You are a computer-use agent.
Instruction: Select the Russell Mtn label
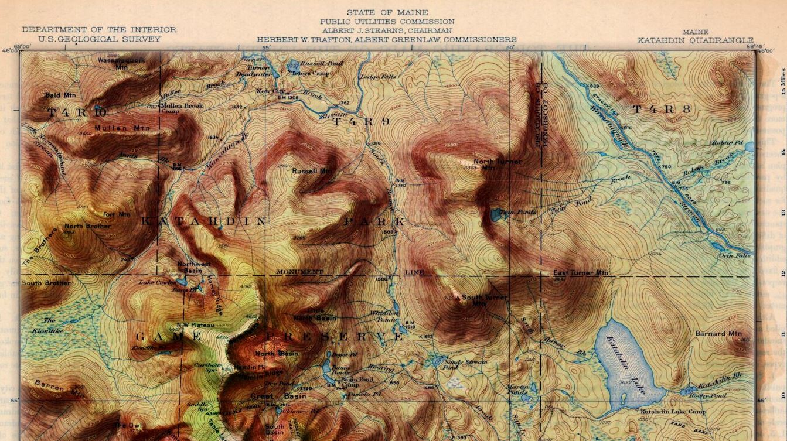click(312, 171)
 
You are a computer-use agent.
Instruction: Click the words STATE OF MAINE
click(387, 12)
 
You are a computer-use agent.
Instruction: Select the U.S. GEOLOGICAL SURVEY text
click(99, 39)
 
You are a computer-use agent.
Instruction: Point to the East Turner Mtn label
click(581, 273)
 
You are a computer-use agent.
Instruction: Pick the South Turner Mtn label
click(484, 300)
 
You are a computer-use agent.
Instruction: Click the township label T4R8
click(662, 109)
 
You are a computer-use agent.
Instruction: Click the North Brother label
click(87, 226)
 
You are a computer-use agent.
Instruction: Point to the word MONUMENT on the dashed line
click(299, 272)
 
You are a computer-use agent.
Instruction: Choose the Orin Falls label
click(734, 255)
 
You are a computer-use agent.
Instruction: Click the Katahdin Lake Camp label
click(673, 411)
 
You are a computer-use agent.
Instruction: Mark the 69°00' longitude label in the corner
click(22, 47)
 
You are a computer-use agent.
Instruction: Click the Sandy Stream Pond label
click(465, 364)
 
